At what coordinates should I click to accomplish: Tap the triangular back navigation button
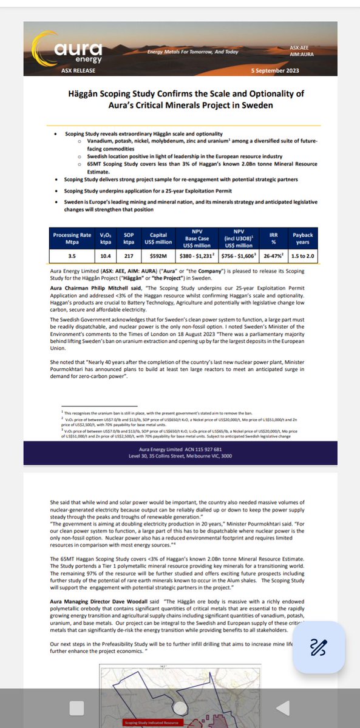pyautogui.click(x=282, y=707)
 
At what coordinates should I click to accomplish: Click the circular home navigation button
pyautogui.click(x=180, y=707)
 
